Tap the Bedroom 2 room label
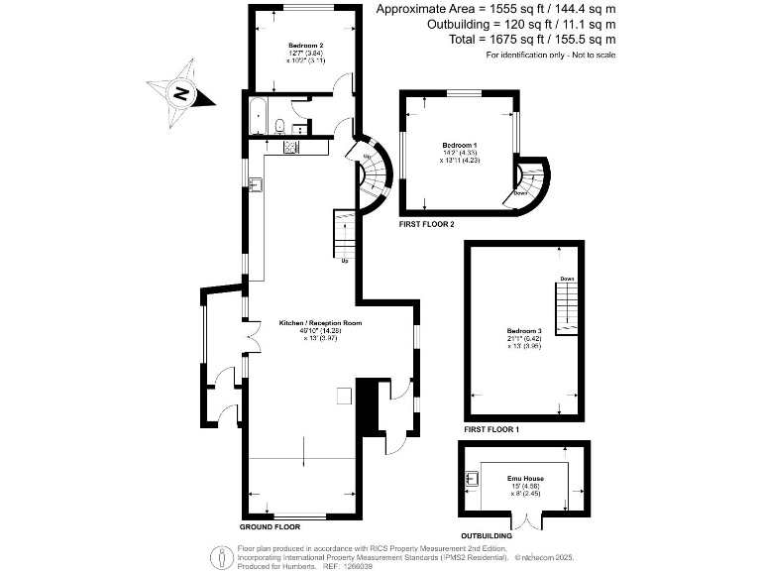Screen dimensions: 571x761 (x=305, y=47)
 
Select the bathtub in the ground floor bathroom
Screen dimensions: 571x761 (x=258, y=118)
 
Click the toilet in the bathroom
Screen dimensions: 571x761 (x=280, y=126)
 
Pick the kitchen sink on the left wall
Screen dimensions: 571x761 (x=255, y=184)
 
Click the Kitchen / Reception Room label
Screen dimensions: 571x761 (x=306, y=323)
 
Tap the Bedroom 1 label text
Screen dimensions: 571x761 (x=459, y=146)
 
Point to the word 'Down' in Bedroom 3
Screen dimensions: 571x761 (x=567, y=279)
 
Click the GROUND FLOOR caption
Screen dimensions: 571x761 (x=271, y=526)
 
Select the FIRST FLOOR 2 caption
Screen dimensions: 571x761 (x=426, y=225)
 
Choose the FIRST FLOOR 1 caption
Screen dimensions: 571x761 (x=491, y=430)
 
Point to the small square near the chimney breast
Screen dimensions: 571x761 (x=343, y=396)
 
